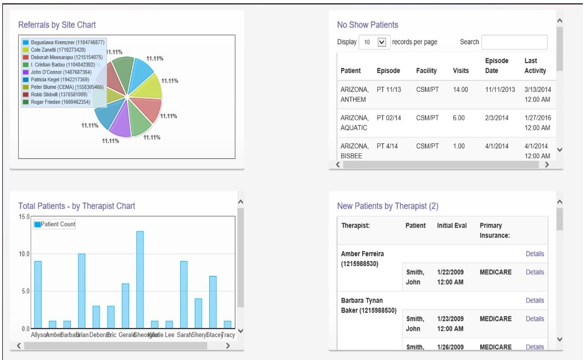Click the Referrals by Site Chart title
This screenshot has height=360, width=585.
tap(57, 25)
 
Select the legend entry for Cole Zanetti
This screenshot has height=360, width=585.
tap(54, 49)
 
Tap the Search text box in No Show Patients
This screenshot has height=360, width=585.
tap(514, 42)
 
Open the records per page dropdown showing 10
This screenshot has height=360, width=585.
tap(374, 42)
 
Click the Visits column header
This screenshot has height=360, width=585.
tap(460, 70)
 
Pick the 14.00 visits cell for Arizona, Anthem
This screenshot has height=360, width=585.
tap(460, 90)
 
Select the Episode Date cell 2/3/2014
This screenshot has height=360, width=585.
tap(497, 118)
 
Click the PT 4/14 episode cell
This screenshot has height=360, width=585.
tap(388, 146)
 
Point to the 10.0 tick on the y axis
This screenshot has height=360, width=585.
tap(24, 254)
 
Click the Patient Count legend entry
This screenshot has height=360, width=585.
tap(54, 224)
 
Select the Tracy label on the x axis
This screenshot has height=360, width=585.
tap(227, 335)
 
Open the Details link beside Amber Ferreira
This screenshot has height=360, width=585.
tap(534, 254)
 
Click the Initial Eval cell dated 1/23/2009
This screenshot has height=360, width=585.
tap(450, 324)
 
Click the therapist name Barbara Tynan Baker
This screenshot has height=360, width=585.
tap(369, 306)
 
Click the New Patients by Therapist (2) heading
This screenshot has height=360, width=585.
tap(387, 206)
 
